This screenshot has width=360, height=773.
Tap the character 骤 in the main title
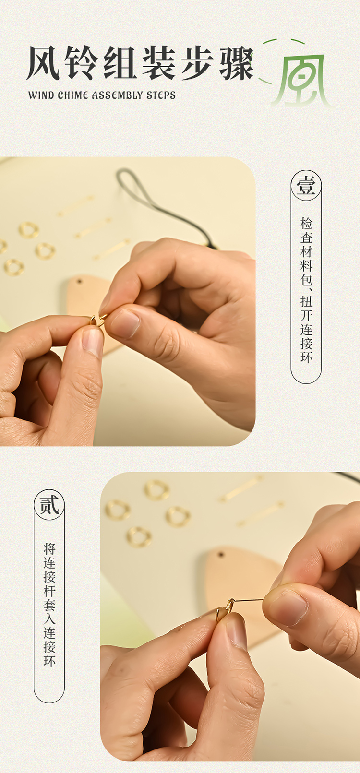pos(237,63)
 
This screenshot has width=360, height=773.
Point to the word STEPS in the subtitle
pos(161,95)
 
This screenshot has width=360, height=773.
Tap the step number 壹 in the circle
pos(306,185)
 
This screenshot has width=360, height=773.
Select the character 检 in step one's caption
pos(306,223)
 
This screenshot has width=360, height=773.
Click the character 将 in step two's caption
pos(49,549)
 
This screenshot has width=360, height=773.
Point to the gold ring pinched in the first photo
pos(97,321)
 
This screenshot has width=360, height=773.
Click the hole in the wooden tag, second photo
pos(220,555)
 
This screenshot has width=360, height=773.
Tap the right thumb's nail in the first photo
pos(125,323)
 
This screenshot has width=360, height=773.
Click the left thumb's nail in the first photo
pos(93,342)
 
